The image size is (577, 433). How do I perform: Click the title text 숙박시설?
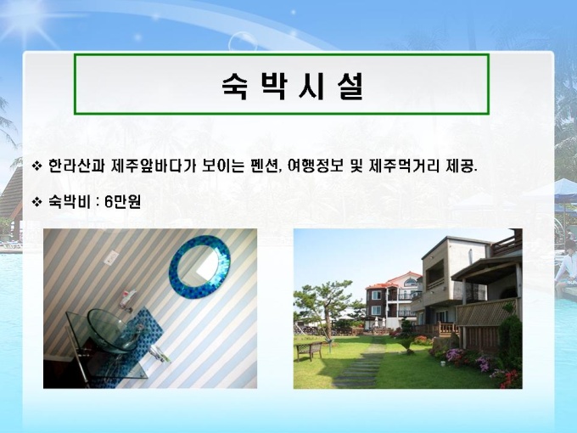(x=293, y=86)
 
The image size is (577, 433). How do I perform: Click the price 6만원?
(x=122, y=201)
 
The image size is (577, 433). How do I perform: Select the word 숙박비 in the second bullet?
(x=69, y=201)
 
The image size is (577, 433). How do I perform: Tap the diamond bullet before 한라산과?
(x=37, y=166)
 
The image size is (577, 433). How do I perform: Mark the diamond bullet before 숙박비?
(x=37, y=201)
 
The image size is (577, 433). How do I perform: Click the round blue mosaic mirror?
(x=199, y=267)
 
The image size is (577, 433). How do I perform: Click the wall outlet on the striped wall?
(x=111, y=257)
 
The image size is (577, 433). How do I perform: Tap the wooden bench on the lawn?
(x=309, y=350)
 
